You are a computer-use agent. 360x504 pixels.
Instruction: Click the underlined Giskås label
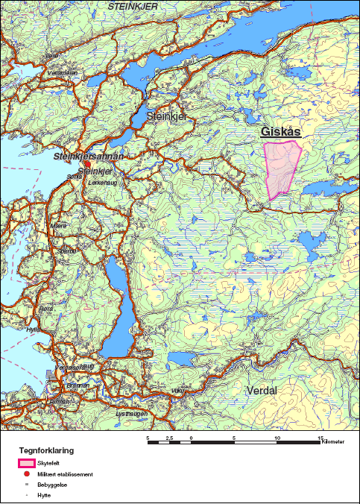click(280, 132)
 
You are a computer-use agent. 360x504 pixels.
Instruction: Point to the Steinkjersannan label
click(88, 157)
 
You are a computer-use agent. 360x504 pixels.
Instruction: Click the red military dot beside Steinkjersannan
click(86, 164)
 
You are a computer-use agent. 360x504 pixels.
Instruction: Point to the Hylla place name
click(31, 329)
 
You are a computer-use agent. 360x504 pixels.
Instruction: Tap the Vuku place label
click(176, 391)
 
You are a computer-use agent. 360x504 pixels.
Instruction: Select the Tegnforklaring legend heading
click(46, 451)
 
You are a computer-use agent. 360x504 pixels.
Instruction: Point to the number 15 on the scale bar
click(320, 438)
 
